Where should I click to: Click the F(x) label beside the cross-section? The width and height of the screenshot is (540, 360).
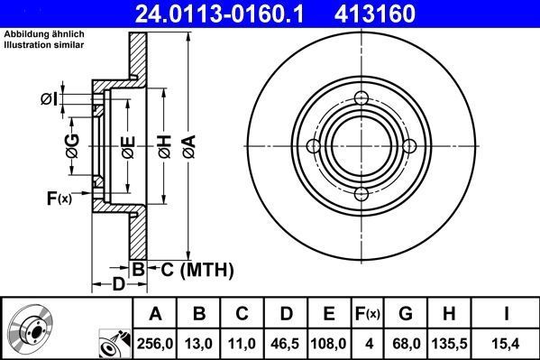[x=59, y=198]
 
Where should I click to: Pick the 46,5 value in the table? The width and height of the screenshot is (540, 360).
[x=287, y=344]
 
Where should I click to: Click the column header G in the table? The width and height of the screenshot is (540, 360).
[x=407, y=314]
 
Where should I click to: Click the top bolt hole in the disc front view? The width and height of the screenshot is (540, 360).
[x=362, y=99]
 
